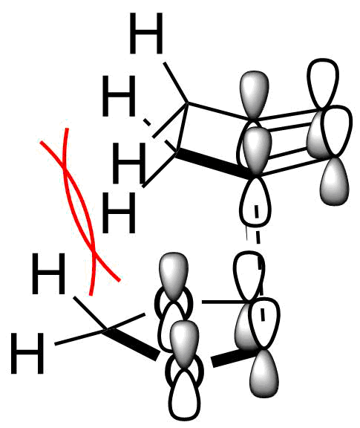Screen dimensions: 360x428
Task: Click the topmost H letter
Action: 146,33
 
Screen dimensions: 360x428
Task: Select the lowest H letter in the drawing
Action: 27,353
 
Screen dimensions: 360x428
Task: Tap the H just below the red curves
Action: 49,273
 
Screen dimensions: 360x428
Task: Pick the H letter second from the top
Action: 119,96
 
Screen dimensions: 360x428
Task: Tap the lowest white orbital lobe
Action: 184,396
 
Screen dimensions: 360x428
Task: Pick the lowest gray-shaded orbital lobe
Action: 264,374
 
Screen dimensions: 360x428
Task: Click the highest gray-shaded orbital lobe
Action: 254,95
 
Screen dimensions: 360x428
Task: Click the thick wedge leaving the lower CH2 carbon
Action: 131,344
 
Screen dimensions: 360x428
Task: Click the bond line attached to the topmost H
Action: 175,82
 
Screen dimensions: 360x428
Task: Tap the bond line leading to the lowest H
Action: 79,337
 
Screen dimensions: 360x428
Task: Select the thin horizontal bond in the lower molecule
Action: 225,302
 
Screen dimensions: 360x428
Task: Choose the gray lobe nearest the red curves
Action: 174,276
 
